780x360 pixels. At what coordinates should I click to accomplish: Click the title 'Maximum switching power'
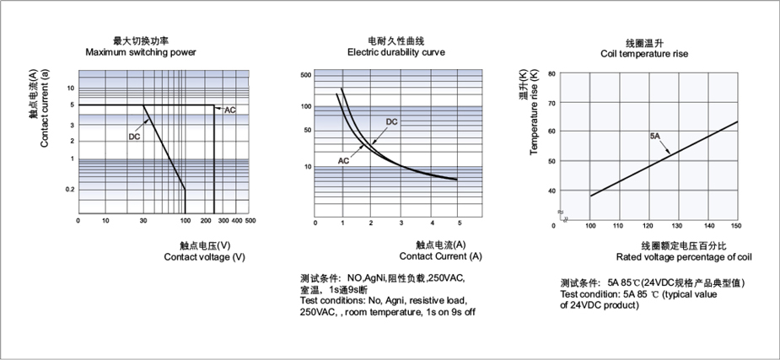141,52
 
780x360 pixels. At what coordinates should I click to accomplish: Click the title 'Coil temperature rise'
644,54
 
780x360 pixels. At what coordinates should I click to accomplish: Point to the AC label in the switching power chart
230,110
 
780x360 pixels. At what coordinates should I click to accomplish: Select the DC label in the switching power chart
134,137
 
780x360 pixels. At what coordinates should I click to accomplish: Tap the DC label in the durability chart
392,121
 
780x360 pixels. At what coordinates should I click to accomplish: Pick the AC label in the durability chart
344,160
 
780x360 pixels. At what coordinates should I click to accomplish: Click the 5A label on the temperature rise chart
655,135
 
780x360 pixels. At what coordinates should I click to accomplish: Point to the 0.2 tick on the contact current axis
70,190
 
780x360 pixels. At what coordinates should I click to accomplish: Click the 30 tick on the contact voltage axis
143,220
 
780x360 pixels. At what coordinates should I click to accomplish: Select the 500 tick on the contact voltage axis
250,220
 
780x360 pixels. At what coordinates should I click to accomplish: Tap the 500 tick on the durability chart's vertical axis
306,75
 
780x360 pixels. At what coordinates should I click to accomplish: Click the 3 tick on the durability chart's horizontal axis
401,223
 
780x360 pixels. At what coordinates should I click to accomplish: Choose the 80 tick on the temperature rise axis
551,73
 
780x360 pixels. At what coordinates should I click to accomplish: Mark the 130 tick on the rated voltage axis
677,226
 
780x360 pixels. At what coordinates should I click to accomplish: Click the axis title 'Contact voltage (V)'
204,257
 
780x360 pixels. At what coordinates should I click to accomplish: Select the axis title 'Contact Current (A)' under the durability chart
441,256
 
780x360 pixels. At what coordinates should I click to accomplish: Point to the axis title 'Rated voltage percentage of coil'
684,257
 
